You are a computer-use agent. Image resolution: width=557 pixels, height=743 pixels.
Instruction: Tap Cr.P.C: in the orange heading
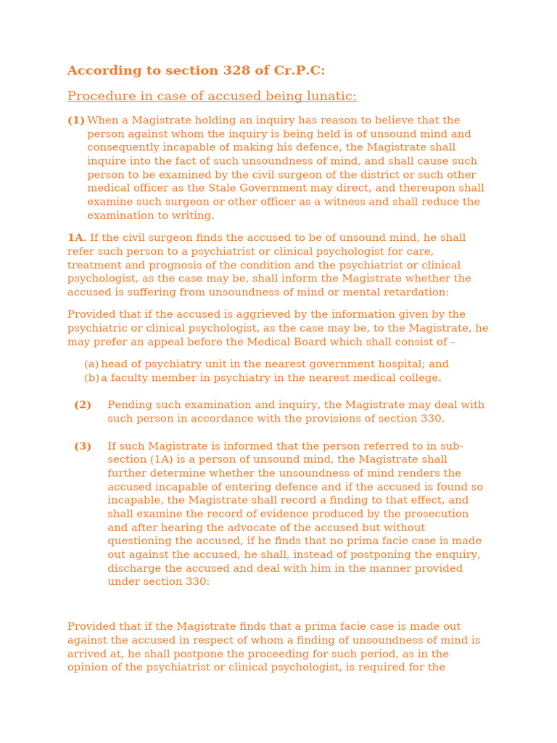point(299,70)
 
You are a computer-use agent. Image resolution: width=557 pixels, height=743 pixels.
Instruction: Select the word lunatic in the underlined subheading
point(333,97)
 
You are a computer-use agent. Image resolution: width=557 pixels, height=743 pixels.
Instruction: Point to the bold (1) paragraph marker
point(76,120)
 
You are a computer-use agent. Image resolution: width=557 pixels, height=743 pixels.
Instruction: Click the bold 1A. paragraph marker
point(76,238)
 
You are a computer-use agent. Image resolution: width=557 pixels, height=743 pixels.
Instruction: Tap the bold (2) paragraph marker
point(83,405)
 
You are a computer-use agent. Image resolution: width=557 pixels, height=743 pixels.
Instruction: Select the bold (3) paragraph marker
point(83,446)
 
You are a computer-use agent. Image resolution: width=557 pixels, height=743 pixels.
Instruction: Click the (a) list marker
point(91,364)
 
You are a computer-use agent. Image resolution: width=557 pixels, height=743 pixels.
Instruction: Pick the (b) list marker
point(91,378)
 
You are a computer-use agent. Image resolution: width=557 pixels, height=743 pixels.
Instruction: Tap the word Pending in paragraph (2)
point(130,405)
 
